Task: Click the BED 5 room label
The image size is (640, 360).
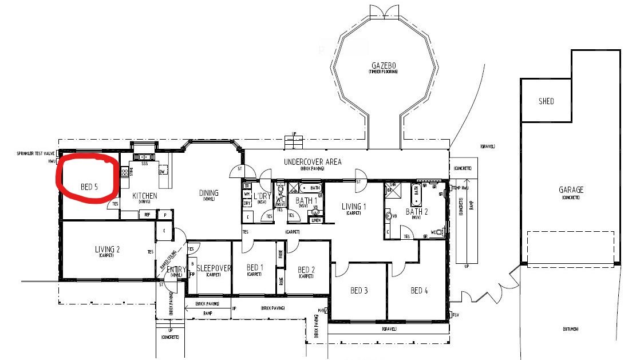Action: tap(89, 187)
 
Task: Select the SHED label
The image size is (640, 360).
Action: tap(546, 101)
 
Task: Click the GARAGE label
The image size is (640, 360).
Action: tap(571, 190)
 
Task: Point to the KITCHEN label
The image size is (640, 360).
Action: tap(144, 196)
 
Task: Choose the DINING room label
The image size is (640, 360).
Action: tap(208, 193)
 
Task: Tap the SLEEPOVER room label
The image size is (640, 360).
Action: tap(214, 268)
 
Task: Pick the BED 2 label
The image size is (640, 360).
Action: tap(306, 270)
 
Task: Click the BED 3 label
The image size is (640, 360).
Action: tap(358, 291)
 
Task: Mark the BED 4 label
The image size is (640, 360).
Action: tap(419, 291)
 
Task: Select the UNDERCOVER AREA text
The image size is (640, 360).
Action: tap(313, 162)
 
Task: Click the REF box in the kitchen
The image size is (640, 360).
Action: tap(147, 215)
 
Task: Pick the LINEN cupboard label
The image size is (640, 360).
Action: tap(315, 220)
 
